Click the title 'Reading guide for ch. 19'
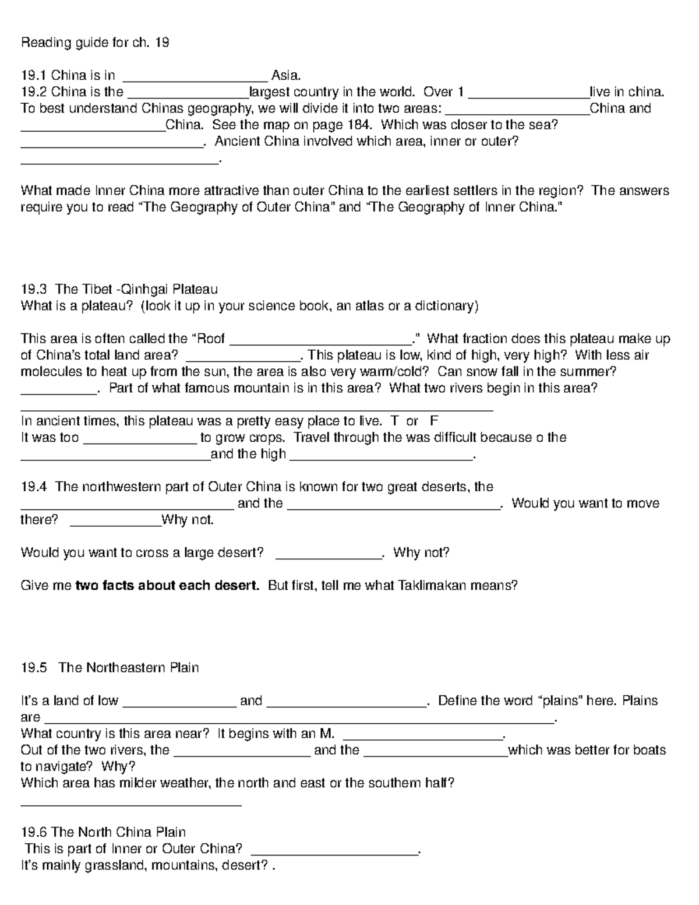[x=95, y=43]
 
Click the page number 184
[x=358, y=125]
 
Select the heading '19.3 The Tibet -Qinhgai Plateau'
[x=119, y=290]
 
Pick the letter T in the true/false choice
[x=395, y=421]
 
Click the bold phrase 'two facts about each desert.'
[x=168, y=585]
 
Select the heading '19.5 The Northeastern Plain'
[x=110, y=668]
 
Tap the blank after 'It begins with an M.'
[x=423, y=735]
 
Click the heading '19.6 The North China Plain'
[x=103, y=832]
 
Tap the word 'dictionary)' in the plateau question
[x=449, y=306]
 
